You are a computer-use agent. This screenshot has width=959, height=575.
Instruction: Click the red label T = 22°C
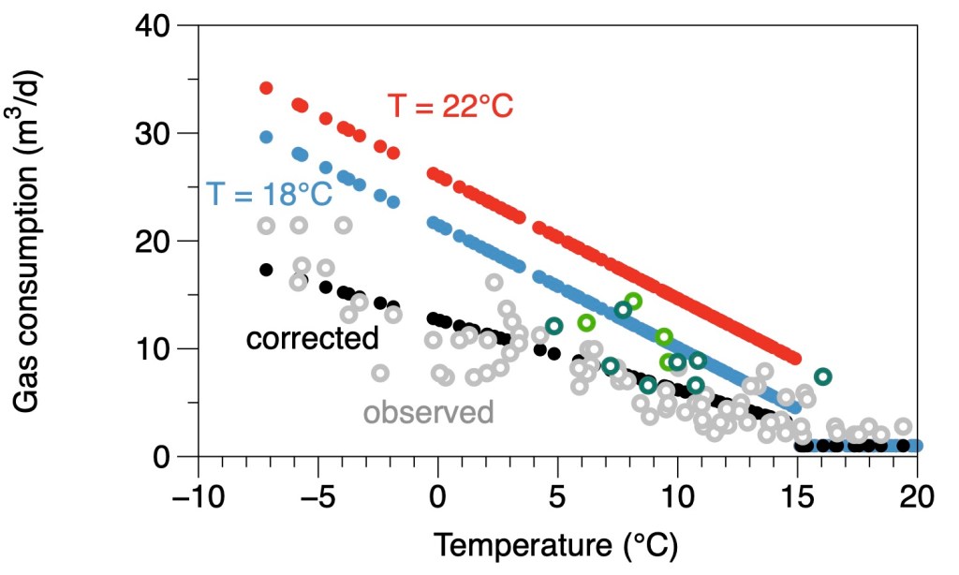pos(450,106)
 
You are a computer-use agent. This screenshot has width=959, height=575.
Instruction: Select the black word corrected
pos(312,338)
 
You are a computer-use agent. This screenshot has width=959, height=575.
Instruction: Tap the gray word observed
pos(428,412)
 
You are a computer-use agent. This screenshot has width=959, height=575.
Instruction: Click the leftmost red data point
pos(266,88)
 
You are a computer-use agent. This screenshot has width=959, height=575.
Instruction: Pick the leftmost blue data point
pos(266,137)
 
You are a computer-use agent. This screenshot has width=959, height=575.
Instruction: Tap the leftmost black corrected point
pos(266,270)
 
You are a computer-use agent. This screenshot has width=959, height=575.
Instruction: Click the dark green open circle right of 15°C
pos(823,376)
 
